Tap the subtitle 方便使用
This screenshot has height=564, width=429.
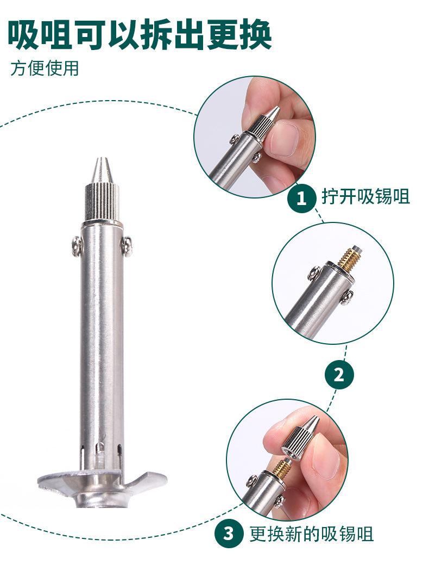pos(45,69)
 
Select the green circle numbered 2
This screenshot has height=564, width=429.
pos(339,375)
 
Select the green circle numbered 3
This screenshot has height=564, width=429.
pos(229,534)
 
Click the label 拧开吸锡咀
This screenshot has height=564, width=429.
pos(365,196)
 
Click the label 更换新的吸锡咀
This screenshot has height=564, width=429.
pos(311,534)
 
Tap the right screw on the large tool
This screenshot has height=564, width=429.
pos(126,246)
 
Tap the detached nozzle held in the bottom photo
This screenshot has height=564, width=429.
pos(299,438)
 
